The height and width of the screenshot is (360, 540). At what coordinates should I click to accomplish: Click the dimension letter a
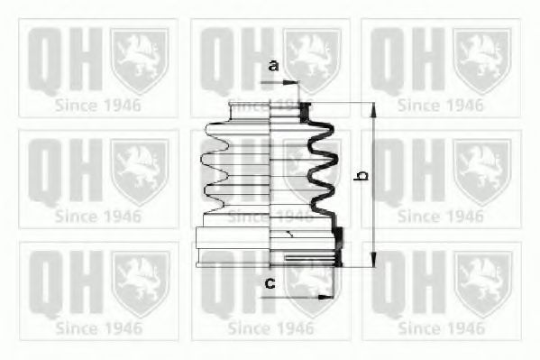click(x=273, y=66)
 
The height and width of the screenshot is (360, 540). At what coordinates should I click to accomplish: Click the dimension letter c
click(x=269, y=285)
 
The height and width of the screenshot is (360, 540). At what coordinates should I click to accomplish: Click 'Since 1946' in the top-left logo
click(x=97, y=104)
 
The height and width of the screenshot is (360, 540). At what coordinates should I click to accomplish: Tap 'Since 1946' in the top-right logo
click(x=440, y=104)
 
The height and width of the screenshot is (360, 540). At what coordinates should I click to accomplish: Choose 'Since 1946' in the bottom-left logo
click(x=97, y=328)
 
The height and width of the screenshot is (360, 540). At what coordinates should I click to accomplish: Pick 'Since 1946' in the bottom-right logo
click(x=440, y=328)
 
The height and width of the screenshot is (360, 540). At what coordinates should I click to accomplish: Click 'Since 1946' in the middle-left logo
click(x=97, y=216)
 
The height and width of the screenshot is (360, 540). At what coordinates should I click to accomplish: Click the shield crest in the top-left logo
click(x=139, y=60)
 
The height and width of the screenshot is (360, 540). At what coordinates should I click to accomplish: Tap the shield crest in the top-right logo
click(x=482, y=60)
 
